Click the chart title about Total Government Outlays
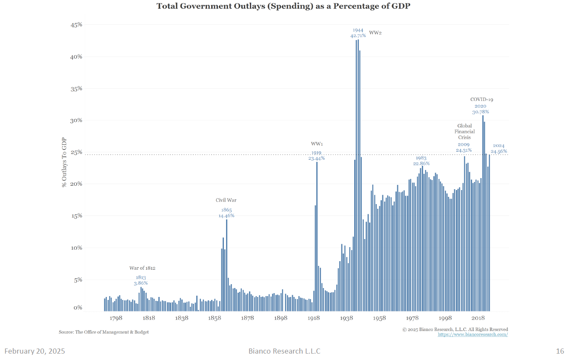point(283,6)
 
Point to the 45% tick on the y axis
point(76,25)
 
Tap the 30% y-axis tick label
point(76,121)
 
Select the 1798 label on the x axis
point(116,318)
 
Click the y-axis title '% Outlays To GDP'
point(64,162)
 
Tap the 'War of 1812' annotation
point(142,268)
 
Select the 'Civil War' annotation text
point(226,200)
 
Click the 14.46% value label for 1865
point(226,216)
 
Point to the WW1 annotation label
point(317,144)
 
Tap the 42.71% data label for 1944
point(358,36)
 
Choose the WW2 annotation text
point(375,33)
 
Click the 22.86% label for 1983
point(421,164)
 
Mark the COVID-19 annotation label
point(481,100)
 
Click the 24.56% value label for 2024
point(499,152)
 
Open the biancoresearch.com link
point(473,334)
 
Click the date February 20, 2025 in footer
point(35,351)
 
